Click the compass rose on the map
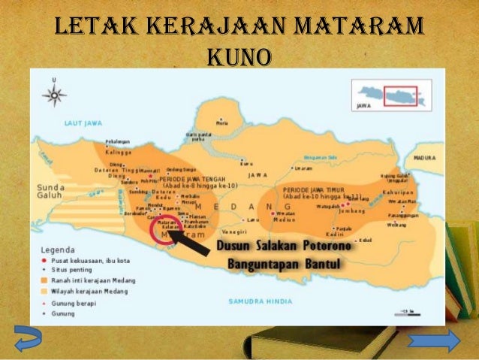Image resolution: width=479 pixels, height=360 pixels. click(55, 95)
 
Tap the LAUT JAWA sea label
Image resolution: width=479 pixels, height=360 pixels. click(80, 120)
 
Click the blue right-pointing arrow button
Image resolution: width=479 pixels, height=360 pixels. click(434, 341)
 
